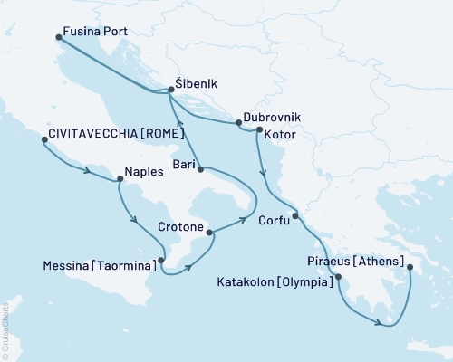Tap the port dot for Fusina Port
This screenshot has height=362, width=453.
click(x=58, y=37)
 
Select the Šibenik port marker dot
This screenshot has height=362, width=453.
click(x=170, y=90)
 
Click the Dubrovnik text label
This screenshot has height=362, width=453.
click(x=273, y=119)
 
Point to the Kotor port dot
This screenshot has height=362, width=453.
click(x=259, y=131)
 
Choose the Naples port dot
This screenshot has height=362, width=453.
click(x=119, y=179)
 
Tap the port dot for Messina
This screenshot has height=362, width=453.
click(x=160, y=261)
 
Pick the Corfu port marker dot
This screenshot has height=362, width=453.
click(x=295, y=215)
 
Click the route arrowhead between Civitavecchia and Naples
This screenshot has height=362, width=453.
click(x=87, y=171)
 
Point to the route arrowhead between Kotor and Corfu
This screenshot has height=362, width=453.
click(x=263, y=175)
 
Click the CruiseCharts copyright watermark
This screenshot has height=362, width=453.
click(x=5, y=331)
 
